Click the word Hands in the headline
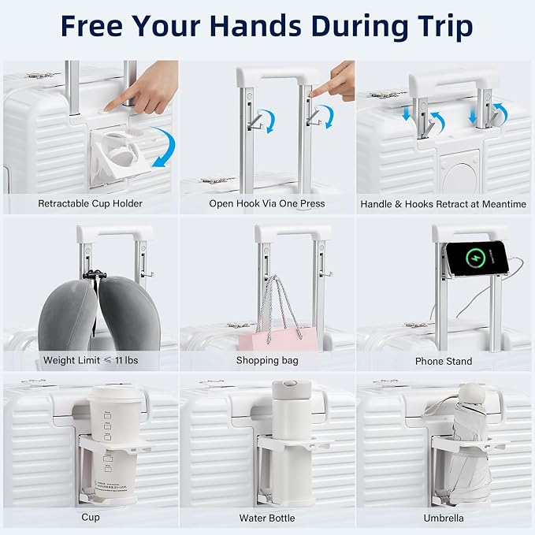[x=254, y=26]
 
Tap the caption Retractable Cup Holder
[x=90, y=204]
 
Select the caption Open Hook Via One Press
[x=267, y=204]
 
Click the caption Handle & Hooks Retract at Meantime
[x=444, y=204]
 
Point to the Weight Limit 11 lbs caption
[x=91, y=360]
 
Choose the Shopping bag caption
[x=267, y=361]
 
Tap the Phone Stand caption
[x=444, y=361]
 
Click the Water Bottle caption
[x=267, y=518]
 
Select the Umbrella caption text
[x=444, y=518]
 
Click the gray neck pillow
[x=99, y=314]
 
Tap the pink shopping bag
[x=278, y=339]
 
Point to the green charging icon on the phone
[x=475, y=258]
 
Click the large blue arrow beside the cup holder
[x=164, y=147]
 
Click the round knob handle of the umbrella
[x=473, y=393]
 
